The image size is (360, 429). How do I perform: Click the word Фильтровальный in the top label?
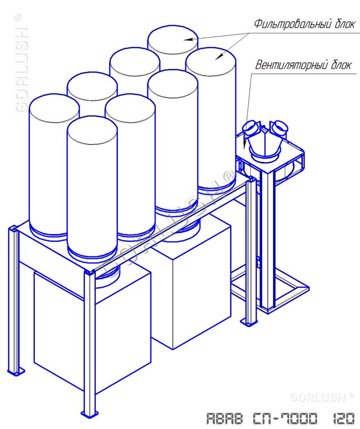(x=292, y=24)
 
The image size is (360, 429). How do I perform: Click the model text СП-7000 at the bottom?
(x=285, y=419)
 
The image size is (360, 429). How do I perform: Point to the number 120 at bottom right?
(x=344, y=419)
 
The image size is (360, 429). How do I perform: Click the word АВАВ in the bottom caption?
(x=225, y=419)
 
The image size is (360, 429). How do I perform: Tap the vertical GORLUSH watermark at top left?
(x=21, y=63)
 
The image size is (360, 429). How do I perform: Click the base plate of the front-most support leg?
(x=90, y=413)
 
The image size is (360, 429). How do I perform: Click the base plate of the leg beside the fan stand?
(x=249, y=322)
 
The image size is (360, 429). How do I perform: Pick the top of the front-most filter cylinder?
(x=92, y=130)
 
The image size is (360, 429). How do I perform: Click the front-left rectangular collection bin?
(x=93, y=328)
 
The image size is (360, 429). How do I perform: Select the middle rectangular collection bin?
(x=192, y=285)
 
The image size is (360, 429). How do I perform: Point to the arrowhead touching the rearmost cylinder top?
(x=187, y=40)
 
